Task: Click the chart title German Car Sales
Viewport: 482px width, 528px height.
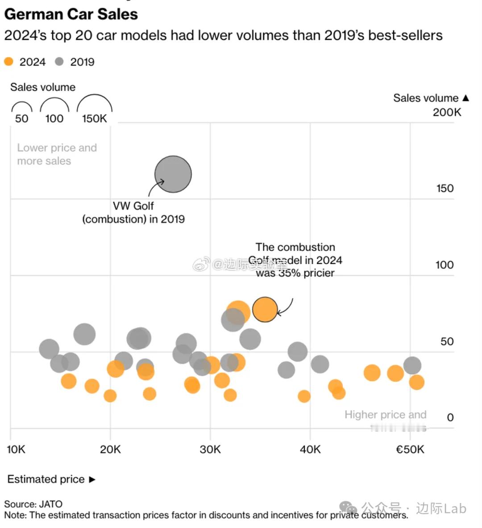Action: click(71, 14)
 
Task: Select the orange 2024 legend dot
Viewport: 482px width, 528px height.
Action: click(8, 62)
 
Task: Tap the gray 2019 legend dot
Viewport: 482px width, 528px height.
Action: click(59, 62)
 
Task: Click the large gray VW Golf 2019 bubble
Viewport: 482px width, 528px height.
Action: click(173, 174)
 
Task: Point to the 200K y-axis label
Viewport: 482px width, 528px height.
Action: click(447, 112)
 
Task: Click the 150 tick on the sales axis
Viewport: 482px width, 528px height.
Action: click(445, 189)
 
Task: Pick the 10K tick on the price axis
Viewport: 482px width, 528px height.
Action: click(16, 450)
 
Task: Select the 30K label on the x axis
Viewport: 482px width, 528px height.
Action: click(210, 450)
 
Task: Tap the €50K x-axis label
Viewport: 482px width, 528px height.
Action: click(410, 450)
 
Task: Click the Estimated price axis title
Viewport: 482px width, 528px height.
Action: click(46, 479)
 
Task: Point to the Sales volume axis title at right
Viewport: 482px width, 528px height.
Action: click(426, 98)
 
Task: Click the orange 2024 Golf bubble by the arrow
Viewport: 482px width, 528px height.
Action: click(265, 309)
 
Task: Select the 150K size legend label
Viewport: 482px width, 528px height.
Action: click(94, 119)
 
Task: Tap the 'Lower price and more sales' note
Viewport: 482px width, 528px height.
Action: click(57, 154)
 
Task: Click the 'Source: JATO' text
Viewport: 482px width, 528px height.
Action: click(33, 504)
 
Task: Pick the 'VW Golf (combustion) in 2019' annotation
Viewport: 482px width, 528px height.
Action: click(133, 213)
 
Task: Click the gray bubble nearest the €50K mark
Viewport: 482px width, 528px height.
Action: click(412, 365)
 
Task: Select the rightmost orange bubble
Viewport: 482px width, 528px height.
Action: click(416, 382)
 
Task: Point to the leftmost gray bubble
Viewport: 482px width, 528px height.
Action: click(49, 349)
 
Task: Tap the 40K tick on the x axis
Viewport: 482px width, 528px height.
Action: click(310, 450)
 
